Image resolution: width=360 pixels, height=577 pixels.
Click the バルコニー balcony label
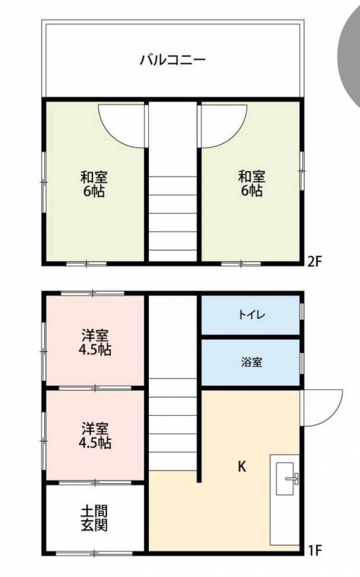click(x=173, y=60)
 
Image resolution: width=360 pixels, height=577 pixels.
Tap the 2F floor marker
click(x=315, y=262)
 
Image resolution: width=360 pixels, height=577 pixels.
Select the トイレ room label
click(x=252, y=315)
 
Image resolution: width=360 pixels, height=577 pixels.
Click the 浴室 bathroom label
click(x=252, y=362)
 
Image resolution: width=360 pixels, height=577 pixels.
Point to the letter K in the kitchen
click(x=242, y=466)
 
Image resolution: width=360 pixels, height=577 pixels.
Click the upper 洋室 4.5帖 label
click(x=95, y=343)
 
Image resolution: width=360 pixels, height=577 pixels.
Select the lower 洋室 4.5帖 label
click(x=95, y=436)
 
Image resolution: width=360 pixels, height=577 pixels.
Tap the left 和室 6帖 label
click(x=94, y=184)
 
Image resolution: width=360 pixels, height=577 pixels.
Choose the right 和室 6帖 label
click(x=252, y=184)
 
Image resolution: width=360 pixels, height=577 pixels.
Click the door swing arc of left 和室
click(x=111, y=134)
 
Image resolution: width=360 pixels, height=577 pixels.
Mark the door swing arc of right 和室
click(x=234, y=134)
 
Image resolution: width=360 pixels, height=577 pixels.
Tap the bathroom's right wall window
click(x=302, y=363)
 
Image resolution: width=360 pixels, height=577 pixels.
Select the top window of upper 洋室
click(x=93, y=293)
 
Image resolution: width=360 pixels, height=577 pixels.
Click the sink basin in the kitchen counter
click(x=285, y=479)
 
